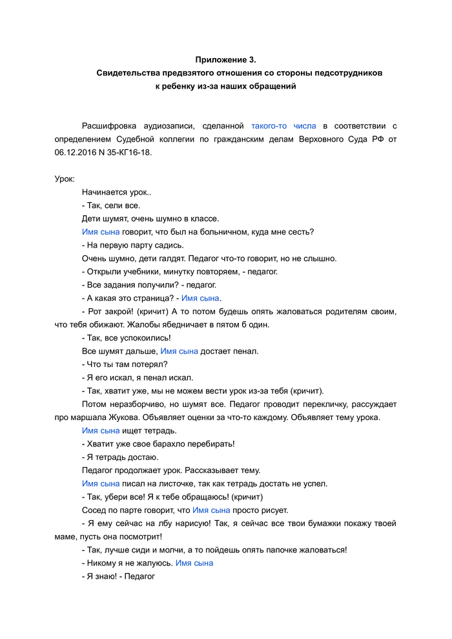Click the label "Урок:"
tap(65, 179)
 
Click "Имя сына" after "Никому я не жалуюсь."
tap(194, 563)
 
